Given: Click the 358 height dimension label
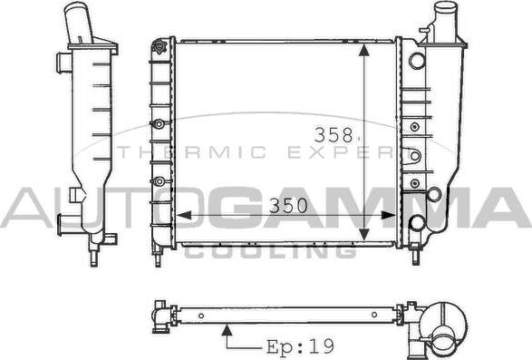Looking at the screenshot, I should [x=333, y=134].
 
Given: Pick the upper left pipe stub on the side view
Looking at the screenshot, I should [x=62, y=63].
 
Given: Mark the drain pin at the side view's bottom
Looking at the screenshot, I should [x=93, y=258].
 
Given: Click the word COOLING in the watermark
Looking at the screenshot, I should [x=270, y=250].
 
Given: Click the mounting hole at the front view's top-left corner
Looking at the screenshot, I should [x=161, y=44].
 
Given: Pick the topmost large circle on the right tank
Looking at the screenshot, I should [x=416, y=62].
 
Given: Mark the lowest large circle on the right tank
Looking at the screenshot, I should [x=417, y=222].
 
